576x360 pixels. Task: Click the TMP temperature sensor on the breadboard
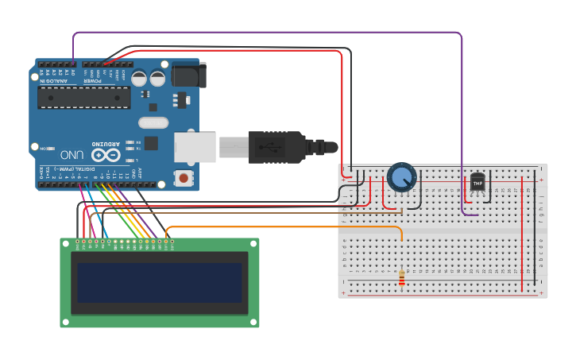(x=477, y=183)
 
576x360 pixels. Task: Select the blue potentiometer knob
(x=402, y=177)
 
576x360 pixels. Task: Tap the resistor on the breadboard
(x=401, y=277)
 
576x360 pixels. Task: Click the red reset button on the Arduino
(x=184, y=178)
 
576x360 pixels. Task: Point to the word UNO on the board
(x=72, y=153)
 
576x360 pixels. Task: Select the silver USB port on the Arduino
(x=195, y=147)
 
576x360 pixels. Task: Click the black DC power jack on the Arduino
(x=189, y=75)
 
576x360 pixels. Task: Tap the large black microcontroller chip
(x=84, y=97)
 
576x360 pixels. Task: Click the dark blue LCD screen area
(x=159, y=283)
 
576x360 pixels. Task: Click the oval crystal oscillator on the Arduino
(x=153, y=122)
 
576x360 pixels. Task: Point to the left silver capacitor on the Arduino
(x=139, y=78)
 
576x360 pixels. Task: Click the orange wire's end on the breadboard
(x=402, y=238)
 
